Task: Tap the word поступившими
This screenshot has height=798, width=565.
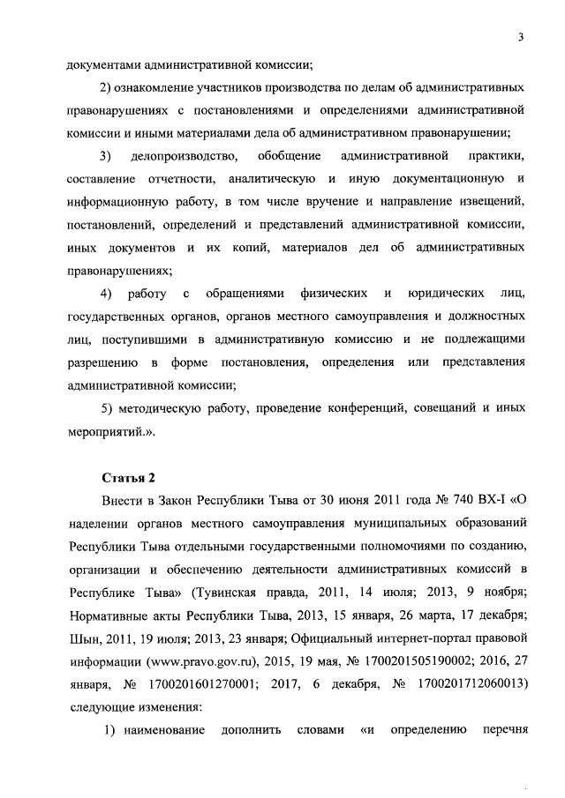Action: pos(140,339)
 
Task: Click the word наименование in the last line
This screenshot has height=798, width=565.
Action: pos(163,729)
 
